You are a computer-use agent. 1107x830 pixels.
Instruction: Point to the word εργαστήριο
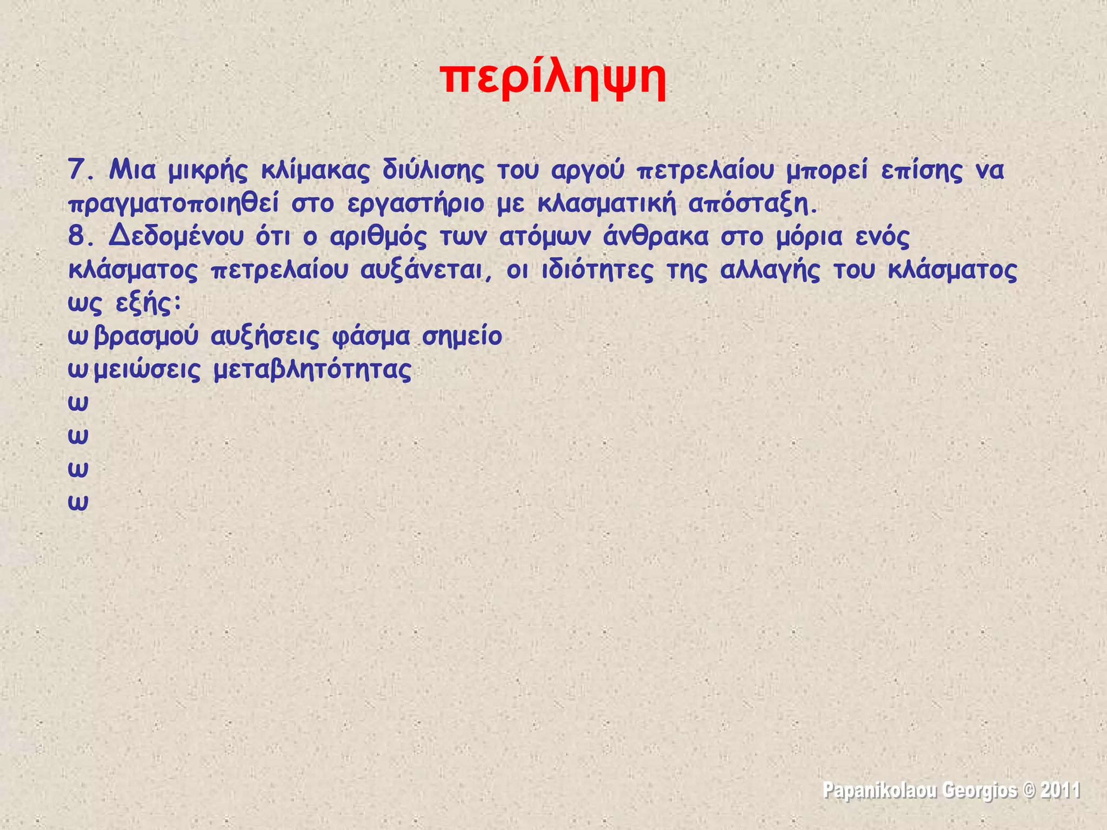(x=416, y=204)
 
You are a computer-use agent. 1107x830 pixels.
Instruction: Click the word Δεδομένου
(x=176, y=237)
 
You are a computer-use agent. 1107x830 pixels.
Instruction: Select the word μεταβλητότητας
(x=312, y=371)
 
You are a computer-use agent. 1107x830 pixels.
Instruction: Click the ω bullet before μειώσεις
(x=78, y=371)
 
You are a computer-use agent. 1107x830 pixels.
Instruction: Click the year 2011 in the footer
(x=1060, y=790)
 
